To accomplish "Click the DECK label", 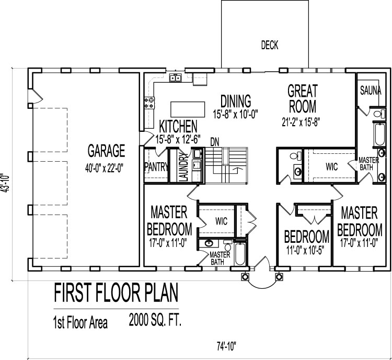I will (x=270, y=46).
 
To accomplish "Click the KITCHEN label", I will (x=178, y=126).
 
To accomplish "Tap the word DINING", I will (x=235, y=100).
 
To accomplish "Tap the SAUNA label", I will (x=370, y=91).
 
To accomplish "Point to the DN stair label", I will (x=214, y=141).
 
